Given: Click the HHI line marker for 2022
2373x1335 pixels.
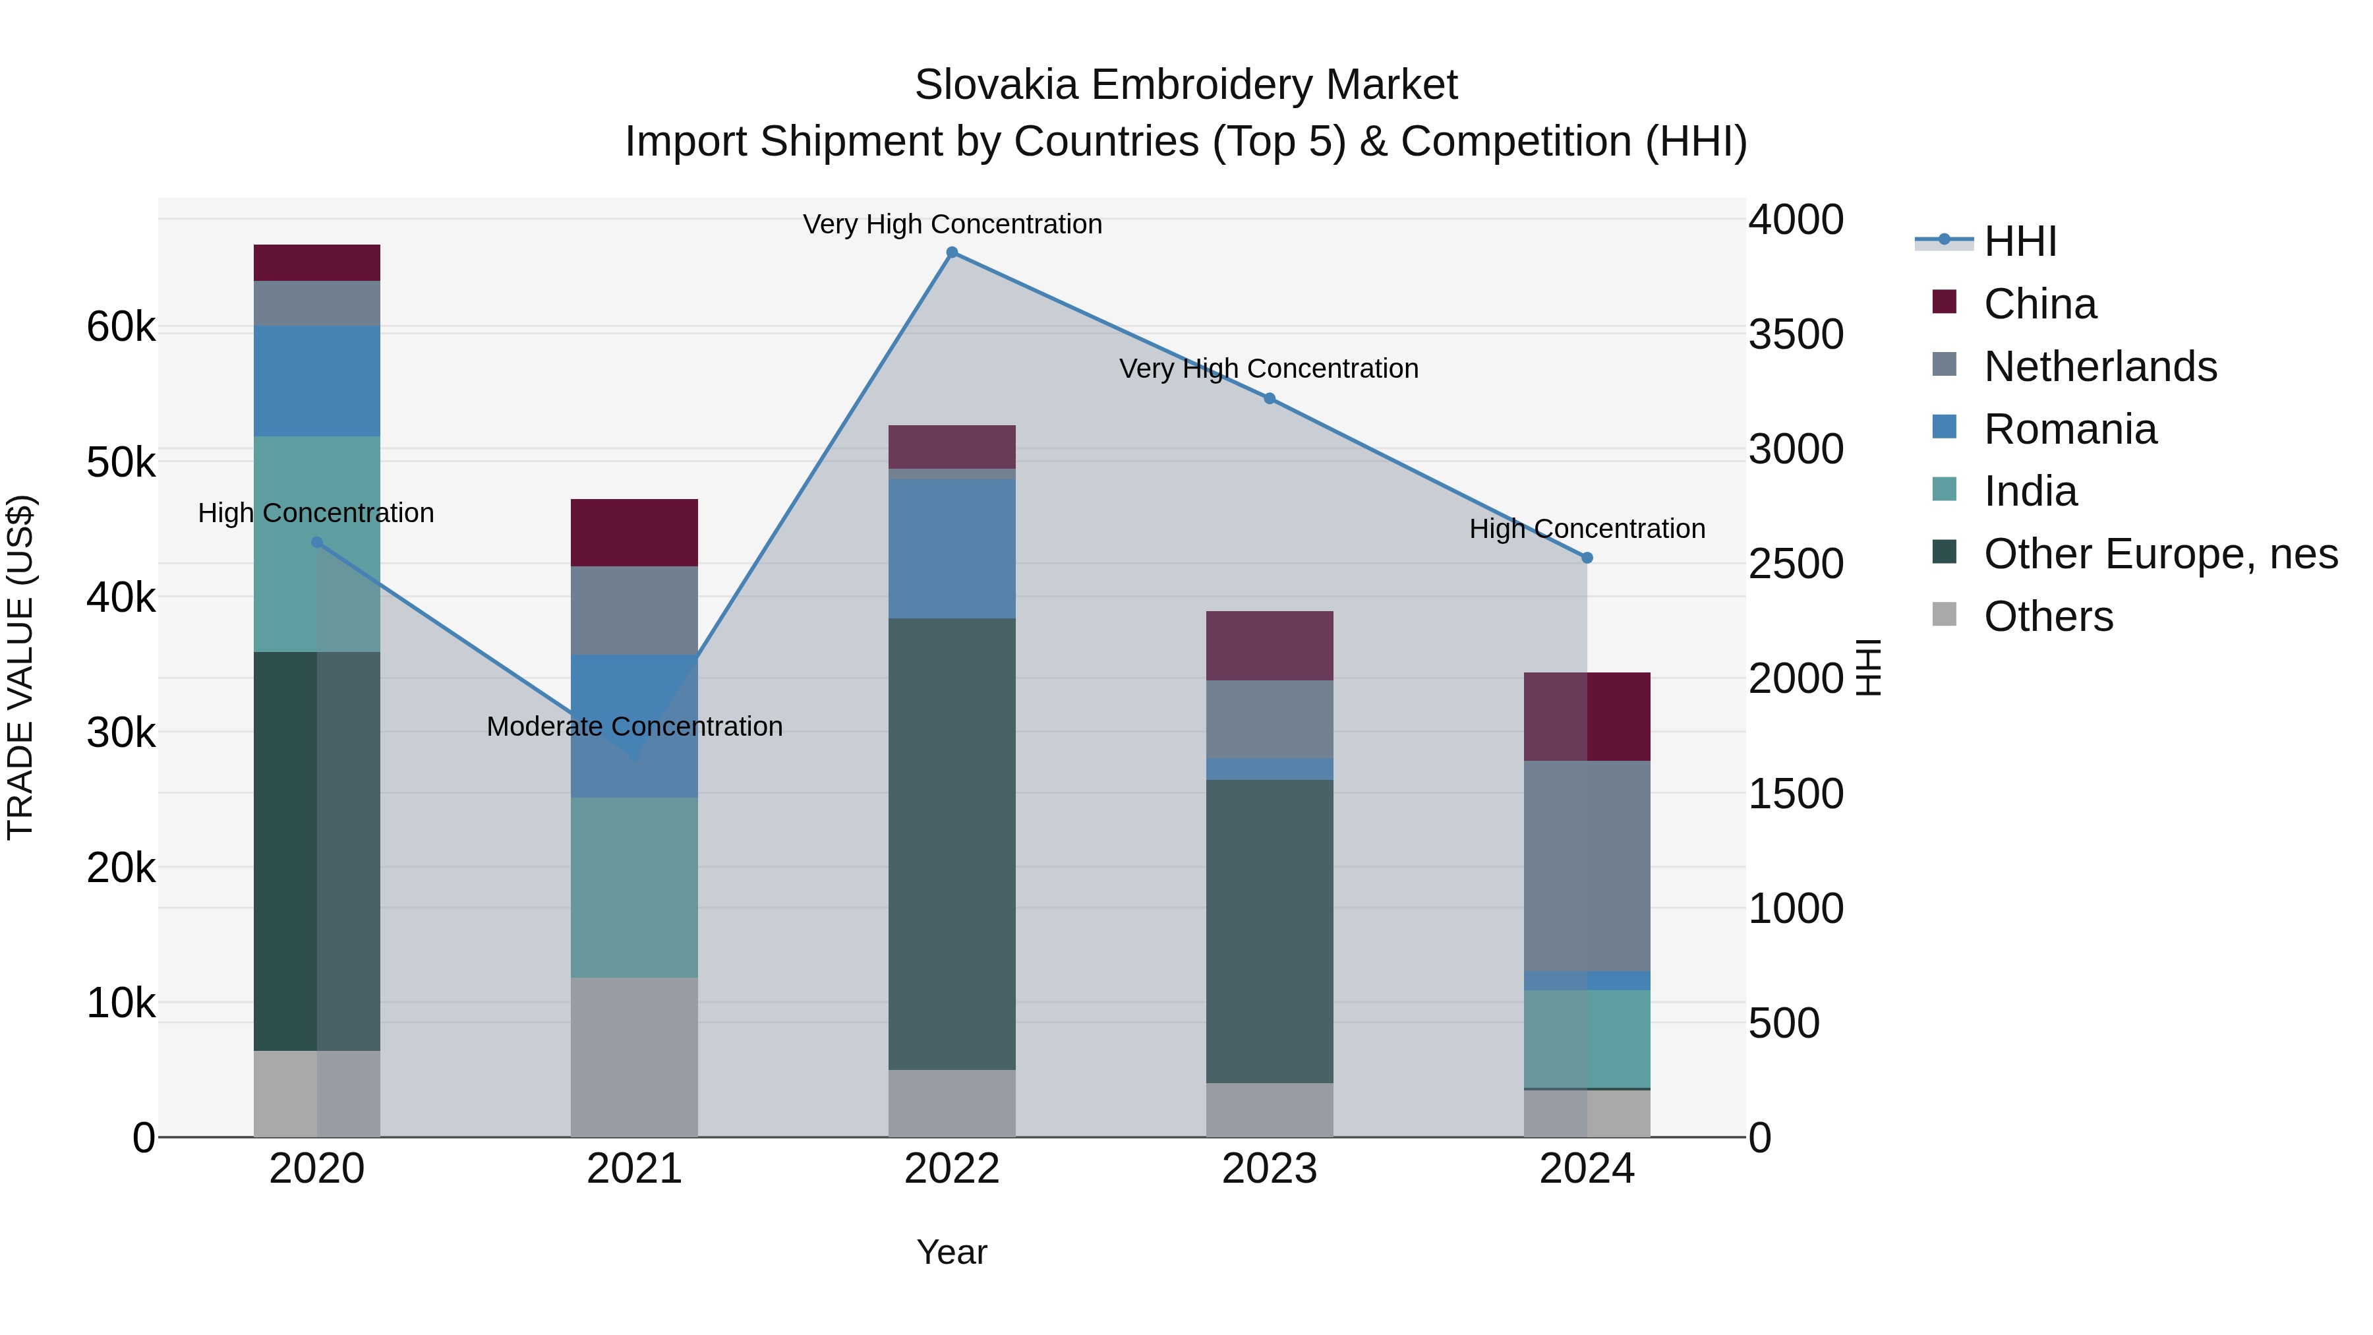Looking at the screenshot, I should tap(952, 252).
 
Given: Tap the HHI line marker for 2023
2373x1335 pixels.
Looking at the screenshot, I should tap(1270, 398).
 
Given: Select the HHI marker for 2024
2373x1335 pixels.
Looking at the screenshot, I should tap(1587, 557).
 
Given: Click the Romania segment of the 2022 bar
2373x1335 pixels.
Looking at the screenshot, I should tap(952, 549).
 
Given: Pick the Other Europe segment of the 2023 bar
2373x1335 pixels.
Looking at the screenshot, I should tap(1270, 930).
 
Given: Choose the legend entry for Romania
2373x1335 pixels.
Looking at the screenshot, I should tap(2069, 429).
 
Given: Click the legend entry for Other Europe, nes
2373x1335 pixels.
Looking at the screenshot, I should tap(2159, 554).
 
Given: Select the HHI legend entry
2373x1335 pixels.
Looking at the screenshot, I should tap(2019, 241).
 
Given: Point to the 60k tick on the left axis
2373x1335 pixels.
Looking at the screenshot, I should tap(121, 327).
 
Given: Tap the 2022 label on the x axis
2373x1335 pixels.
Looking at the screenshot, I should tap(952, 1169).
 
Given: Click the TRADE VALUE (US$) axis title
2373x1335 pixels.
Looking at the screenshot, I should tap(20, 667).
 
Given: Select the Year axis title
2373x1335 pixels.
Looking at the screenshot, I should tap(952, 1252).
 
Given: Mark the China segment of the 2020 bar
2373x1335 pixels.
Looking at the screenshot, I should tap(317, 262).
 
